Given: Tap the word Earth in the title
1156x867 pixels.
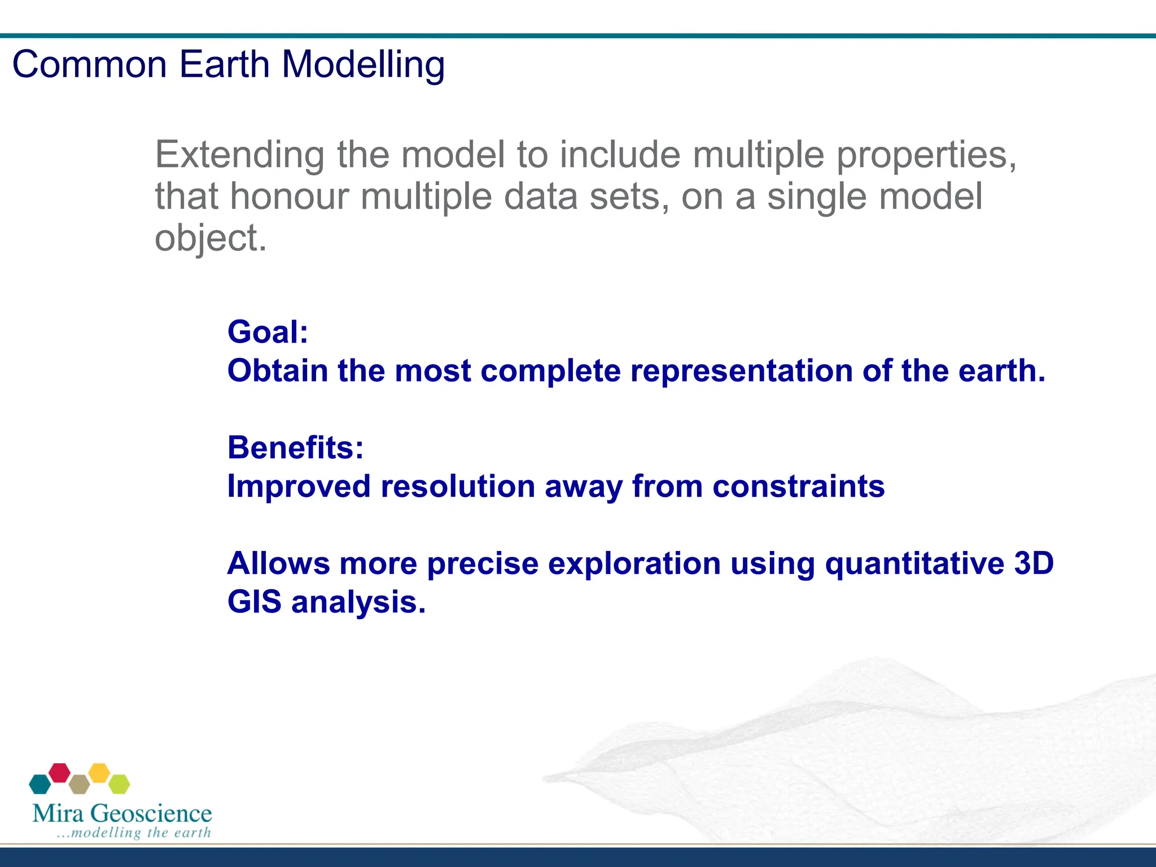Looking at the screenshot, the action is click(x=225, y=64).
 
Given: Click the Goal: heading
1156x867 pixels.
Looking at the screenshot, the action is click(x=268, y=332).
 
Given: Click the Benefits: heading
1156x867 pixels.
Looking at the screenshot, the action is click(x=296, y=448).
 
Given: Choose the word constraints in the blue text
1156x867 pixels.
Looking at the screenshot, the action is click(x=799, y=487).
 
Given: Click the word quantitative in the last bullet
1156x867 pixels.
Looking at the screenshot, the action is click(x=915, y=564).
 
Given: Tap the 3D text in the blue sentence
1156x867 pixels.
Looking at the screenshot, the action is click(x=1034, y=563).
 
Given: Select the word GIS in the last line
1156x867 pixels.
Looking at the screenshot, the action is click(x=255, y=602).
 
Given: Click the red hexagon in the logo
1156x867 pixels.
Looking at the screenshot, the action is click(x=59, y=773).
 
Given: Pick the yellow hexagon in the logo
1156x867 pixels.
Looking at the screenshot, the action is click(x=99, y=773).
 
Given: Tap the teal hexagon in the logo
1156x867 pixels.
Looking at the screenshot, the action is click(x=40, y=784).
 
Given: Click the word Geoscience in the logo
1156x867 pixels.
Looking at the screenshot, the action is click(x=151, y=813).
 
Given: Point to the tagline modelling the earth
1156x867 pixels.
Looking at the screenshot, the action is click(x=134, y=833).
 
